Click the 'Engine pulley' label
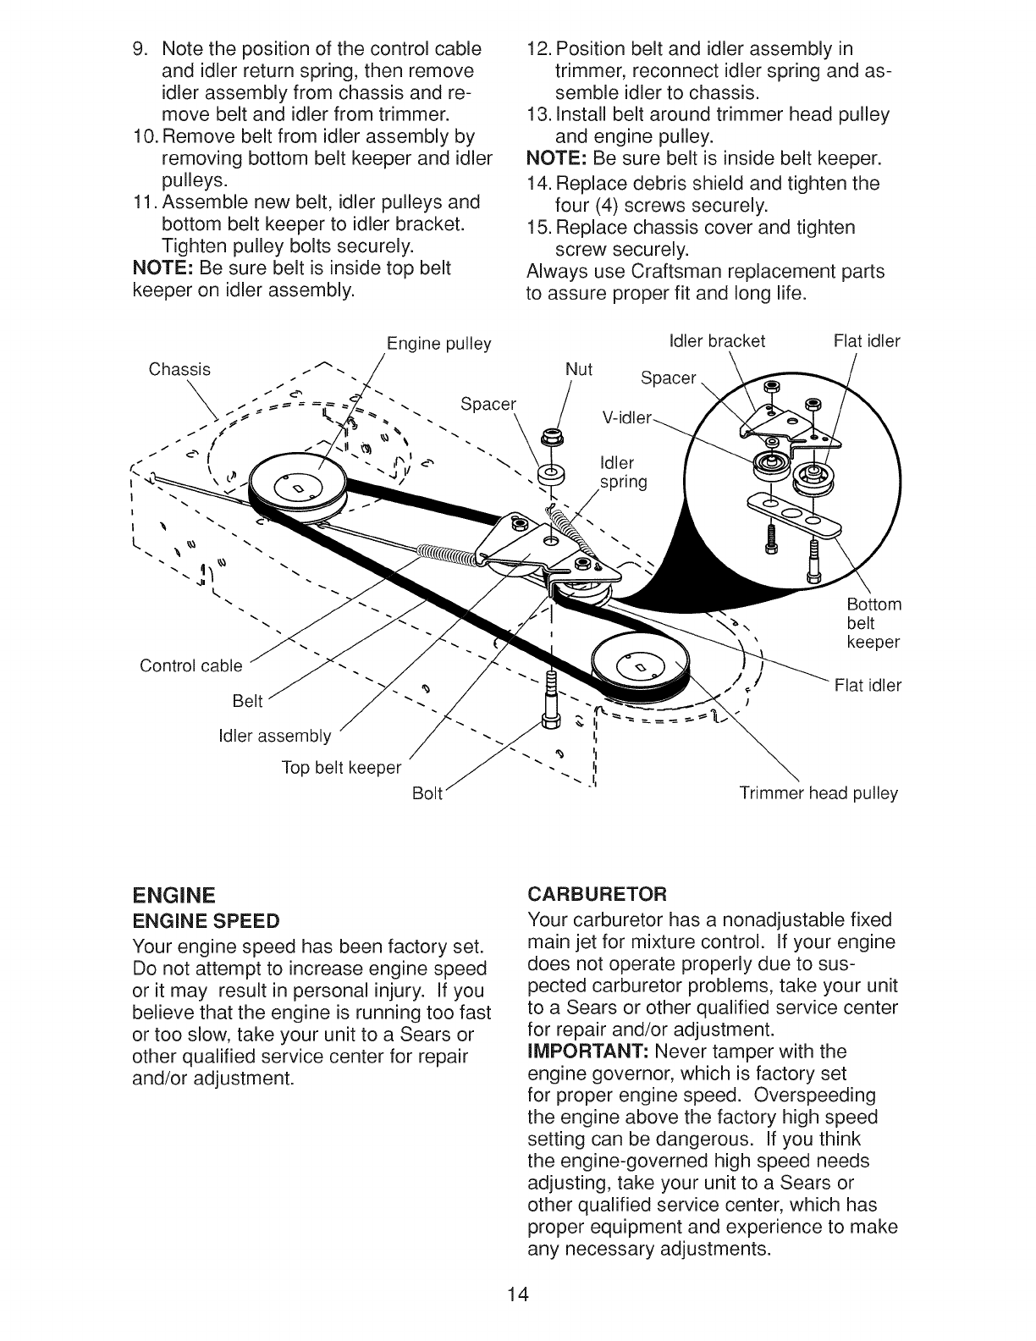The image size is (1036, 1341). click(x=438, y=345)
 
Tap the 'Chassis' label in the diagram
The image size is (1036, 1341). click(x=179, y=369)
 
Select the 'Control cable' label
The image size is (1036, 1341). click(x=191, y=666)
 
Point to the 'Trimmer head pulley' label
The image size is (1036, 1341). click(x=818, y=794)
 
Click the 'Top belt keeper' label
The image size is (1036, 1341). click(x=341, y=768)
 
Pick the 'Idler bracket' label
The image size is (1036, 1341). click(x=716, y=341)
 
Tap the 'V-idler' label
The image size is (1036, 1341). click(x=626, y=417)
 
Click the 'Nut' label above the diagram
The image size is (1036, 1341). click(x=579, y=369)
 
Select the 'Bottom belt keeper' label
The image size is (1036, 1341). click(x=873, y=624)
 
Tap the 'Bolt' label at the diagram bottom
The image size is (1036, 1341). click(x=427, y=794)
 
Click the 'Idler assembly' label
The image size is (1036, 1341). click(x=275, y=737)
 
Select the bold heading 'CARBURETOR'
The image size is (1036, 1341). click(x=597, y=894)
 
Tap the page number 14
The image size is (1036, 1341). click(x=518, y=1294)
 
